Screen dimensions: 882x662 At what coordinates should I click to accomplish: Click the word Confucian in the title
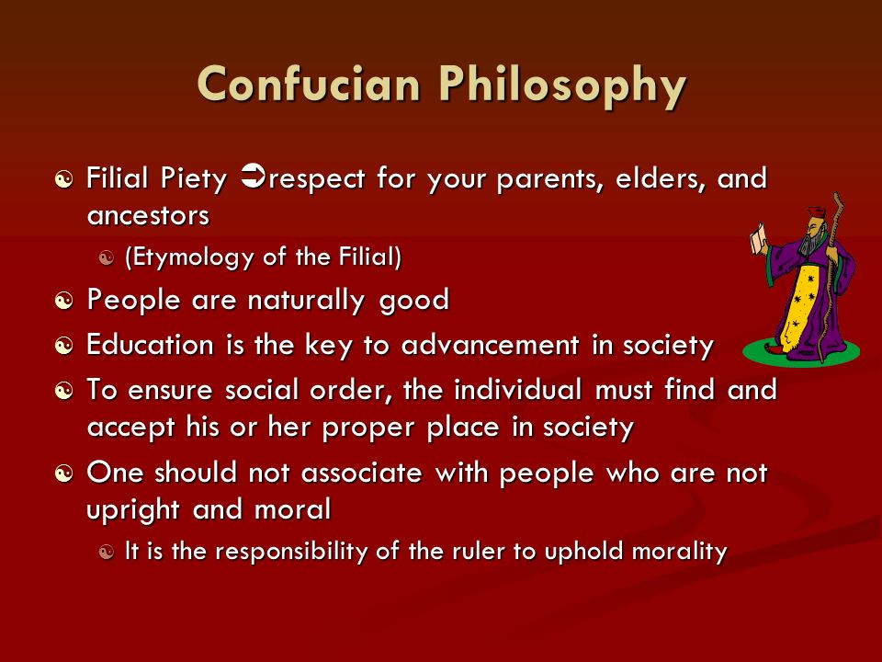click(309, 84)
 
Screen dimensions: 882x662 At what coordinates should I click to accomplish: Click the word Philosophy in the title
click(562, 87)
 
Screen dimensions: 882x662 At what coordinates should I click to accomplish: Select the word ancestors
click(148, 215)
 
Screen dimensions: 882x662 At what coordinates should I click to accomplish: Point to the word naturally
click(307, 301)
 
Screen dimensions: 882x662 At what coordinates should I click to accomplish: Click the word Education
click(150, 344)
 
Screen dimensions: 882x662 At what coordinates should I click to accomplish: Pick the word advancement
click(490, 344)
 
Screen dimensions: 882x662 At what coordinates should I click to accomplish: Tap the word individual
click(517, 389)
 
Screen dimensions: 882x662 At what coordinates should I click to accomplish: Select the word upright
click(132, 510)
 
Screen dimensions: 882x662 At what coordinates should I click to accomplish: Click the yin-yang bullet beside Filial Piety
click(64, 179)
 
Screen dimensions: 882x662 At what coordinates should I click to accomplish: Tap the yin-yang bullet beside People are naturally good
click(64, 302)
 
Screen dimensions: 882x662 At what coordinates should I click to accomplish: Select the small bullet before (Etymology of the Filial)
click(107, 258)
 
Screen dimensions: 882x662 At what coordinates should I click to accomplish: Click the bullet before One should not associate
click(64, 474)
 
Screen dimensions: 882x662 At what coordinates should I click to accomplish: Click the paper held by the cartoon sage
click(760, 238)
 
